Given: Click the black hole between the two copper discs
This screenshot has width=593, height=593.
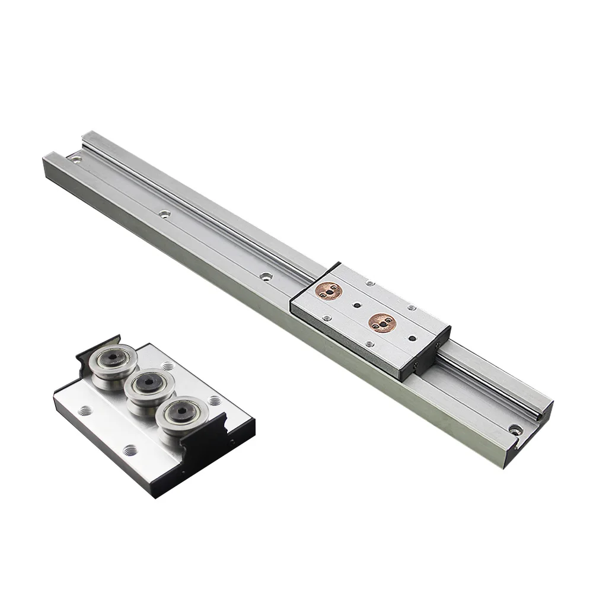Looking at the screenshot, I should coord(356,307).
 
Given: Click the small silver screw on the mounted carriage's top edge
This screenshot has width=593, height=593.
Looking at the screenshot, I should coord(369,283).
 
